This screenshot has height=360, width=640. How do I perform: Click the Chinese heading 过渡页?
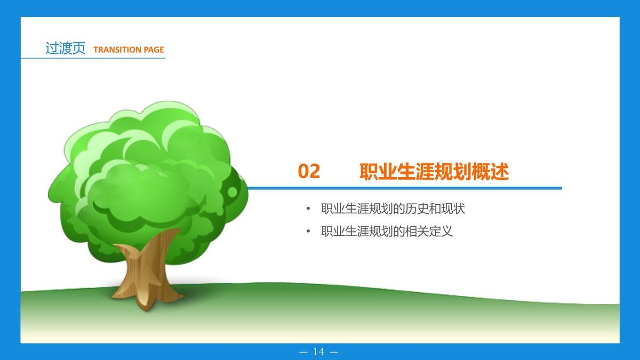click(x=65, y=49)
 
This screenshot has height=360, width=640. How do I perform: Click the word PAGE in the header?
click(x=154, y=50)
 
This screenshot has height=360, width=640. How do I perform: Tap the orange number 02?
click(x=309, y=171)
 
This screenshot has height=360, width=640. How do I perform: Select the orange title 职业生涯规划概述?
click(x=434, y=172)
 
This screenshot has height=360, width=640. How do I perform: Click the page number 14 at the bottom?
click(x=319, y=352)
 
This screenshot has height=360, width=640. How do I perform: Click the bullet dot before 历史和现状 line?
click(x=308, y=209)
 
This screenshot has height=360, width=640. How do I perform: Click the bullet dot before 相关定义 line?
click(x=308, y=231)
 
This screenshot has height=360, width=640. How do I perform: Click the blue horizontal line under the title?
click(x=405, y=188)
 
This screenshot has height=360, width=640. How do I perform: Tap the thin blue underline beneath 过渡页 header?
click(x=93, y=58)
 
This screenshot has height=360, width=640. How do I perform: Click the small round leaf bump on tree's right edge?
click(x=233, y=191)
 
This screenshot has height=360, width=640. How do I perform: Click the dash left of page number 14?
click(x=305, y=352)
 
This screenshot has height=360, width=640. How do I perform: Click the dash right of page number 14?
click(x=334, y=352)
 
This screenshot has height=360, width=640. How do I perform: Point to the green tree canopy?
click(x=149, y=176)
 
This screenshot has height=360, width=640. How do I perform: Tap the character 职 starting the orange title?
click(x=367, y=172)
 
